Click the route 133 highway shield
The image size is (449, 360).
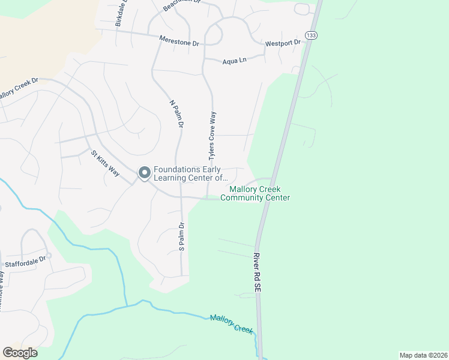311,36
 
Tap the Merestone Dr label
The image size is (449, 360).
179,41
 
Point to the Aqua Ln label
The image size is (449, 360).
235,61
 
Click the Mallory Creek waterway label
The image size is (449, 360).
231,323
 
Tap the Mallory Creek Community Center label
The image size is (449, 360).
255,193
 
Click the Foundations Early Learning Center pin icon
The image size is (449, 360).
144,173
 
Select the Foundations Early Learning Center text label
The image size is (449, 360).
191,173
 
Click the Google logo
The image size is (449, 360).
20,353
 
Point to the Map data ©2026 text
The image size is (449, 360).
423,355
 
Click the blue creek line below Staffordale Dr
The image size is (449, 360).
90,248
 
